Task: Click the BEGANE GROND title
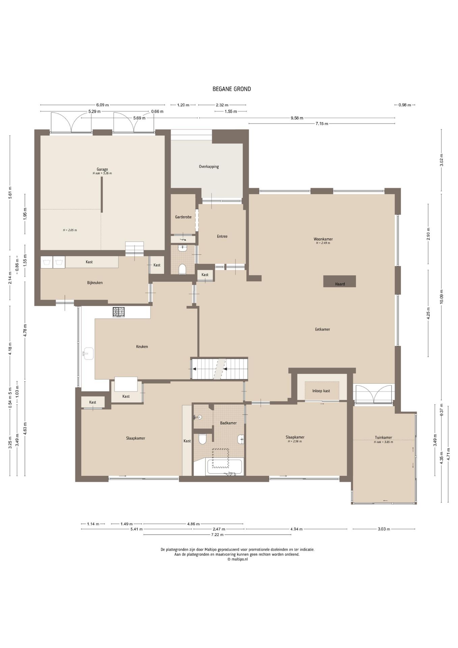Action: click(232, 89)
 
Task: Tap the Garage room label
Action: click(102, 169)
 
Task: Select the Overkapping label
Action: click(209, 167)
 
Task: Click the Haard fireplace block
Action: click(339, 281)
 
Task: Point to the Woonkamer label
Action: click(323, 239)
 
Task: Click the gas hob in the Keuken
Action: click(118, 312)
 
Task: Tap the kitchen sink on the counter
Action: click(88, 354)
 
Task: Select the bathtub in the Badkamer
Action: click(225, 467)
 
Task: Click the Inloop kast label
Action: click(321, 391)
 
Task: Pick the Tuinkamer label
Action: click(383, 438)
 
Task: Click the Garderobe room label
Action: click(183, 217)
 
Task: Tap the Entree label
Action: click(222, 237)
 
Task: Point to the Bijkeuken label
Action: click(95, 283)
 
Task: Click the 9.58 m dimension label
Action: click(297, 118)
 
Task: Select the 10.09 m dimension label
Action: click(441, 297)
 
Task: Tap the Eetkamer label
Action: click(322, 329)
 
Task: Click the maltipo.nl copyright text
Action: click(237, 559)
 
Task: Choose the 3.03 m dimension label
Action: click(384, 529)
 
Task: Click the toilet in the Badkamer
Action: click(203, 439)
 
